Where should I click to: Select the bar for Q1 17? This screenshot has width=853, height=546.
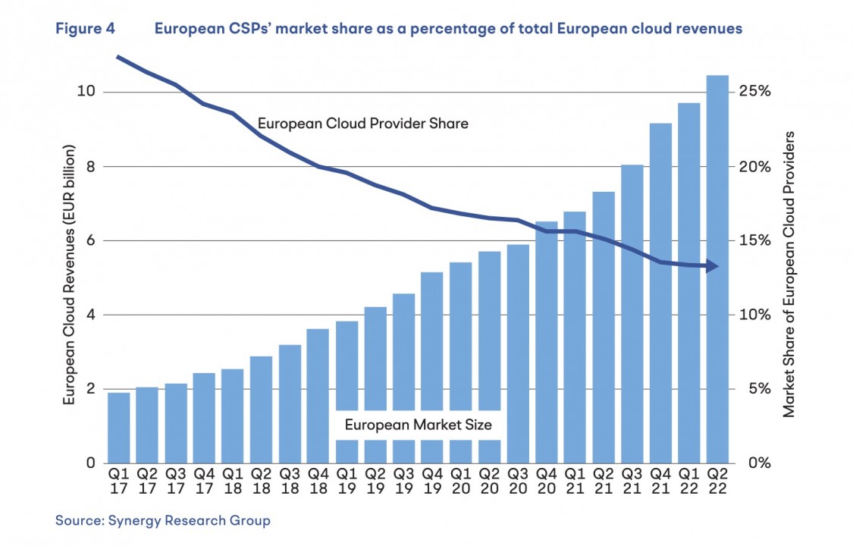(x=118, y=428)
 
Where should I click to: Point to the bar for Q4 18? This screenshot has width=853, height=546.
(x=318, y=395)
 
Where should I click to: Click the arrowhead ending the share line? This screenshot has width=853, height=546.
(x=713, y=266)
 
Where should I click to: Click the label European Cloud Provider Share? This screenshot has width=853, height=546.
(x=362, y=122)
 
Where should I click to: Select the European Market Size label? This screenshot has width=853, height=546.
(x=418, y=425)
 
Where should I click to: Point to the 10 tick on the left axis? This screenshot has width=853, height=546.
(x=89, y=92)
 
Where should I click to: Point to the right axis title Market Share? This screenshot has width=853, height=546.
(x=789, y=273)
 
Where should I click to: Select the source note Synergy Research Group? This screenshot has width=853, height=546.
(x=162, y=520)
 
